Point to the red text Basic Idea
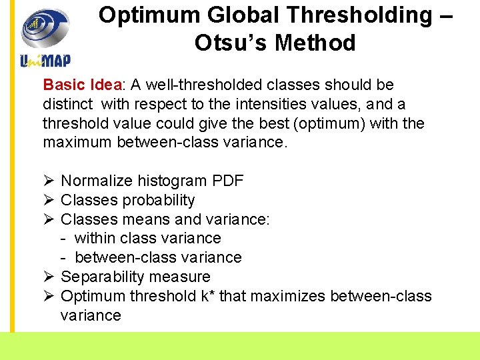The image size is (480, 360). [x=83, y=85]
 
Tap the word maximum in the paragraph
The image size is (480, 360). [x=77, y=143]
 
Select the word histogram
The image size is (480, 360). [x=172, y=181]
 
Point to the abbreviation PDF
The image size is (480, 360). [x=227, y=181]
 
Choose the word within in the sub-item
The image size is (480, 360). [x=96, y=239]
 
